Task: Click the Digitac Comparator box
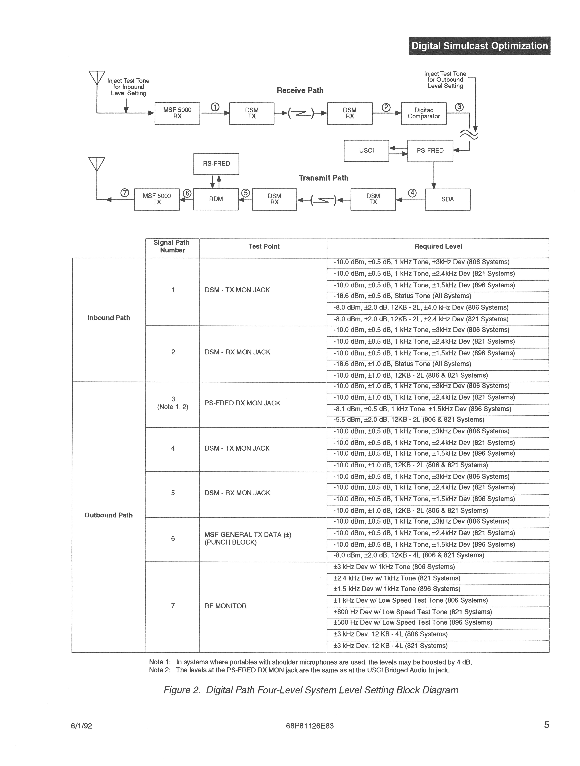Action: point(424,113)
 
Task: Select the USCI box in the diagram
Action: point(366,151)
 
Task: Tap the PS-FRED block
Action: point(430,151)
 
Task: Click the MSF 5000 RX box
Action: point(177,113)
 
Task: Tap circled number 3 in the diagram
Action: point(459,107)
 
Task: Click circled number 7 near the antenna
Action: point(125,193)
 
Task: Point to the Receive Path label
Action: point(300,90)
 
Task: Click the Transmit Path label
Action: point(323,178)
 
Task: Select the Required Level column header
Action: point(438,247)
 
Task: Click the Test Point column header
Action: point(264,247)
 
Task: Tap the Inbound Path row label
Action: point(109,318)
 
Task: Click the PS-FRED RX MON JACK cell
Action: point(242,403)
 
